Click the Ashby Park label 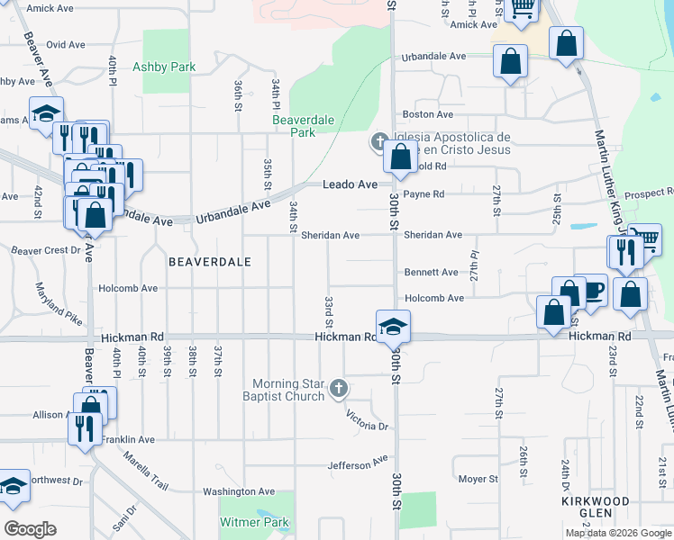point(164,67)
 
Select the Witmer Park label point(254,522)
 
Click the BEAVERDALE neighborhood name point(208,261)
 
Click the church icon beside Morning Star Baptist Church point(339,389)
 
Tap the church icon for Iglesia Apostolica point(378,142)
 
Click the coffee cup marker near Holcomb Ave point(591,290)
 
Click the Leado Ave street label point(351,184)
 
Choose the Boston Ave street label point(428,114)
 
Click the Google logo point(31,529)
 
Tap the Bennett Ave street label point(432,272)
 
